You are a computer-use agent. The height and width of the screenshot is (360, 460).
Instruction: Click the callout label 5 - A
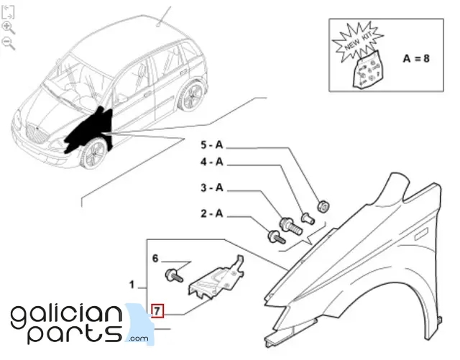click(x=212, y=144)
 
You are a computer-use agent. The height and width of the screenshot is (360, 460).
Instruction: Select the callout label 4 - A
click(x=212, y=162)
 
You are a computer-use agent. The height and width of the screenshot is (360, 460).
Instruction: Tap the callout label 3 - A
click(x=212, y=188)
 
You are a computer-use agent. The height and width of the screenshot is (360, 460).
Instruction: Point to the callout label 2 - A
click(x=212, y=213)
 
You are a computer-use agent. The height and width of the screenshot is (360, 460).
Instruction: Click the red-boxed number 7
click(x=157, y=310)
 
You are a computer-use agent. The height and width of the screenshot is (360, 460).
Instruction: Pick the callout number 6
click(x=155, y=259)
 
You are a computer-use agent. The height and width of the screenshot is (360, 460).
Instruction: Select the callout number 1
click(x=132, y=285)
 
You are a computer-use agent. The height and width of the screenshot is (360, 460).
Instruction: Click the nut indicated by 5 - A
click(x=323, y=206)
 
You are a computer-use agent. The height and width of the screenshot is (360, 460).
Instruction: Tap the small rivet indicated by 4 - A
click(x=308, y=218)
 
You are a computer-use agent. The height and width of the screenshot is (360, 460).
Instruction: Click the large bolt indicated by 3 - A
click(x=290, y=226)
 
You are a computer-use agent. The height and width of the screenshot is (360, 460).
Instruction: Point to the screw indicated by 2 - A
click(x=276, y=237)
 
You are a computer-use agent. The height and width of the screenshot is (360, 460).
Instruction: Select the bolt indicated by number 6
click(x=174, y=275)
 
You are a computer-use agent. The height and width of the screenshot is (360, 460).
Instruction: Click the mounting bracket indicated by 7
click(x=216, y=279)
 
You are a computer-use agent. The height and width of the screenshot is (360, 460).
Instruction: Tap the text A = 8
click(x=416, y=59)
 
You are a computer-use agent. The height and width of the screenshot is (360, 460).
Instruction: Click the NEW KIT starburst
click(x=357, y=42)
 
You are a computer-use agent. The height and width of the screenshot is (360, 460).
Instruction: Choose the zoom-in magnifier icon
click(x=8, y=28)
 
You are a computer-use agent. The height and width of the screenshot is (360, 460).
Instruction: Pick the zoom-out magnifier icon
click(x=8, y=43)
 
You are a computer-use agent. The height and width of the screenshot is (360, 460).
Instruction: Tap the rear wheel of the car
click(x=192, y=95)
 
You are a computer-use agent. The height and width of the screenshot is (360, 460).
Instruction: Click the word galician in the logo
click(x=66, y=315)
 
